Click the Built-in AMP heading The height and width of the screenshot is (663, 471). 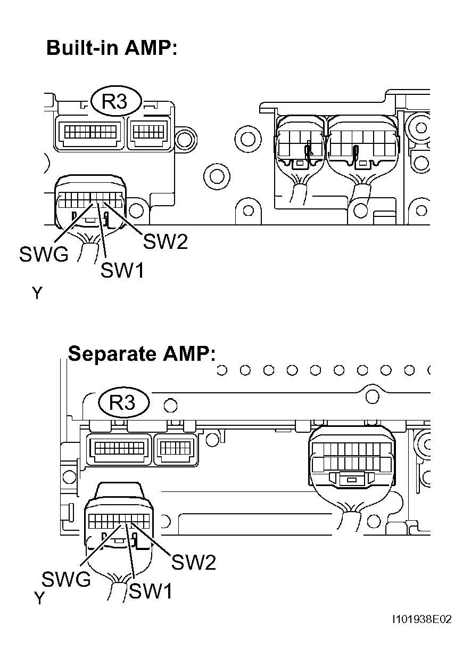click(111, 48)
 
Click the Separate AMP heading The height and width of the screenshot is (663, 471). click(142, 354)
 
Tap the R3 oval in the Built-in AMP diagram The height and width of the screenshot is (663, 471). click(115, 101)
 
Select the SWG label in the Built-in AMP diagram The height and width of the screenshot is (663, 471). click(44, 255)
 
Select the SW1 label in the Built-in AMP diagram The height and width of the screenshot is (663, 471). click(122, 271)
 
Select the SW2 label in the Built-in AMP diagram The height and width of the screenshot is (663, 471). click(166, 243)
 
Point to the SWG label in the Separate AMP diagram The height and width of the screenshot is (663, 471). click(67, 579)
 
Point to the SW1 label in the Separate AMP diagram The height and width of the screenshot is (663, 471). click(150, 591)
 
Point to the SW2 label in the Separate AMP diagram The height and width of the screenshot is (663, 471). click(194, 562)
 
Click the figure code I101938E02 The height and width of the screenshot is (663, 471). click(422, 620)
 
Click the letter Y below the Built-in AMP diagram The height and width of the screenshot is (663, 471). click(36, 293)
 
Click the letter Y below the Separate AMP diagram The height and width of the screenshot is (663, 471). click(39, 599)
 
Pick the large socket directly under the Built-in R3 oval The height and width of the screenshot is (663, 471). click(89, 132)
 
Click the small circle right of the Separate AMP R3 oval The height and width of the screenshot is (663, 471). click(170, 406)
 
